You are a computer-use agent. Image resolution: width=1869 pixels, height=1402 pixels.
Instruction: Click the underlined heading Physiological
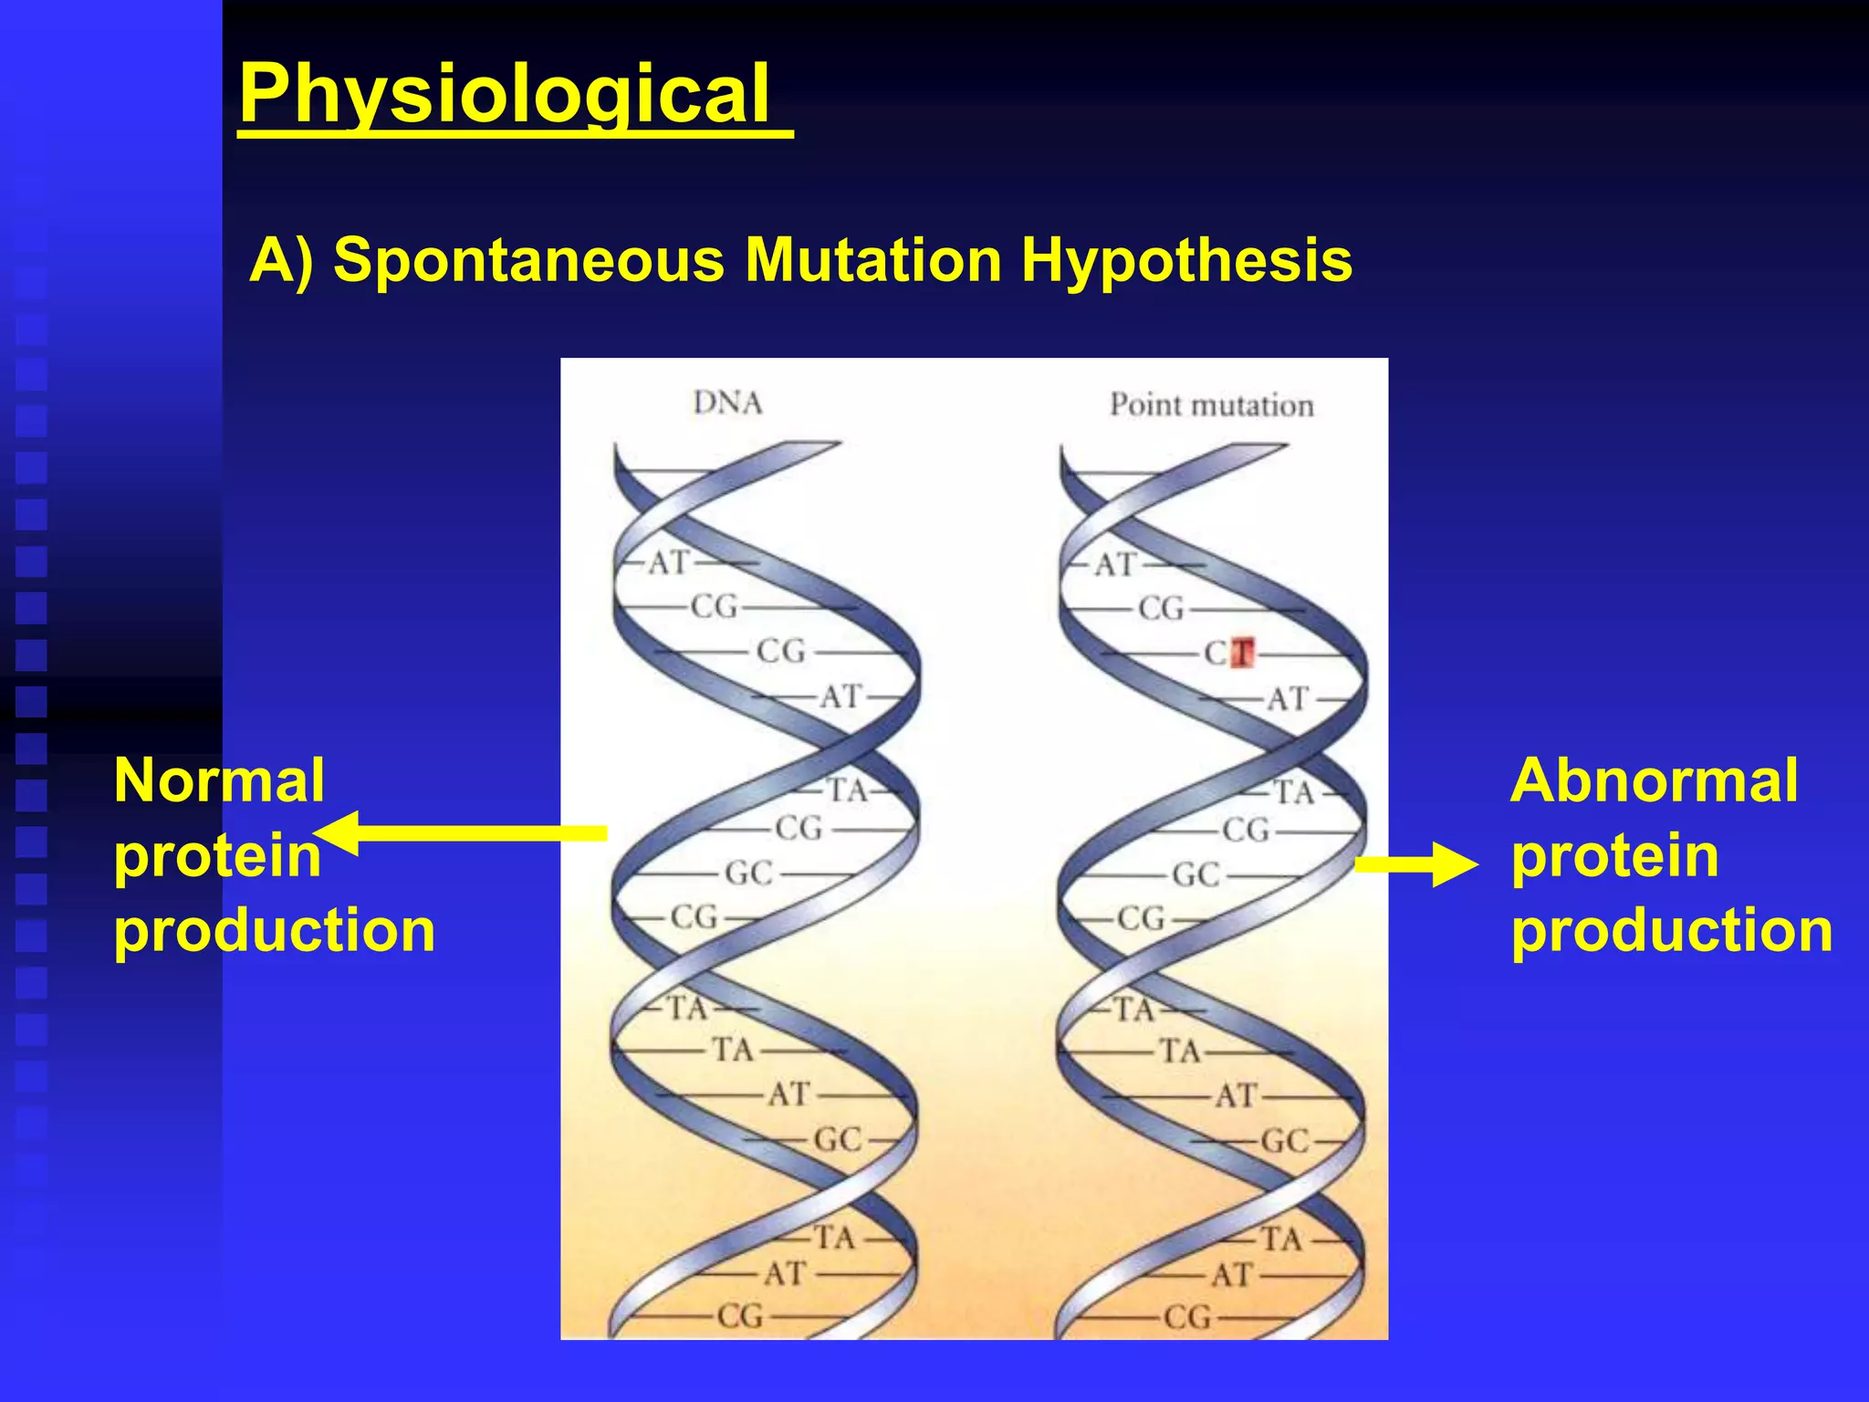[x=505, y=94]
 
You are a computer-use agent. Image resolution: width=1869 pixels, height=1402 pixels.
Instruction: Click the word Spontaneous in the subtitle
[x=528, y=260]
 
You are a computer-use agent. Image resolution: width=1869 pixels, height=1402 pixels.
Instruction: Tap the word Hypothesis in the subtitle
[x=1186, y=260]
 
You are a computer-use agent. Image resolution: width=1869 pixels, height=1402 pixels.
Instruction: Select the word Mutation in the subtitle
[x=873, y=260]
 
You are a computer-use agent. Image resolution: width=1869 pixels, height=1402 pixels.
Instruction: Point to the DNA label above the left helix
[x=727, y=403]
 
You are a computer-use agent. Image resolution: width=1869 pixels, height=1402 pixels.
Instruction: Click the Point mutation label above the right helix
[x=1211, y=404]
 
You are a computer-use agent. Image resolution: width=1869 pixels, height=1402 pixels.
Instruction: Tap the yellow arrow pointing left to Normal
[x=461, y=832]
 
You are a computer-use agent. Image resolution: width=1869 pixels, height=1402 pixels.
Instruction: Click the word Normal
[x=219, y=781]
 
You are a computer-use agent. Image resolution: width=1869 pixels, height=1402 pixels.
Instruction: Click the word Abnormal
[x=1654, y=781]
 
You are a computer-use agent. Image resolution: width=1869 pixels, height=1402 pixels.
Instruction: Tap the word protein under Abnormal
[x=1614, y=856]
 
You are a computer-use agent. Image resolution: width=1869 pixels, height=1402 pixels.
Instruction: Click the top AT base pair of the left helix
[x=669, y=563]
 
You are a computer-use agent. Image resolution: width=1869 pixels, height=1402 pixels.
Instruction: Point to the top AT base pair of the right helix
[x=1115, y=565]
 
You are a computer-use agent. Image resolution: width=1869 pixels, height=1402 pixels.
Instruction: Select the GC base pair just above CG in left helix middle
[x=748, y=874]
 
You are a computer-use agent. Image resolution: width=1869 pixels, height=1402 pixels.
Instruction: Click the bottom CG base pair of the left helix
[x=739, y=1316]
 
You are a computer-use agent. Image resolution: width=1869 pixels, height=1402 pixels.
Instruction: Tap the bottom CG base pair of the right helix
[x=1186, y=1317]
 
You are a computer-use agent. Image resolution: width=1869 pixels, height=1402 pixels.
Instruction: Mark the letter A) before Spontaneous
[x=281, y=260]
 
